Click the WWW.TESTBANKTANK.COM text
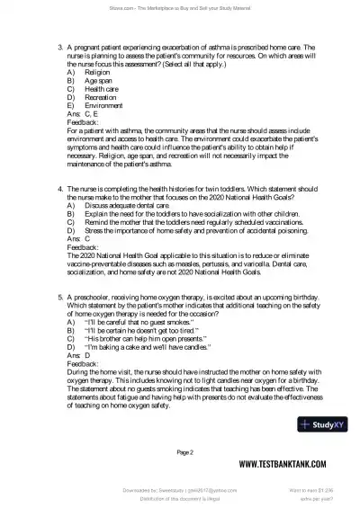pos(286,465)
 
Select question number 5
pos(59,294)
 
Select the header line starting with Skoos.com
pos(180,8)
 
